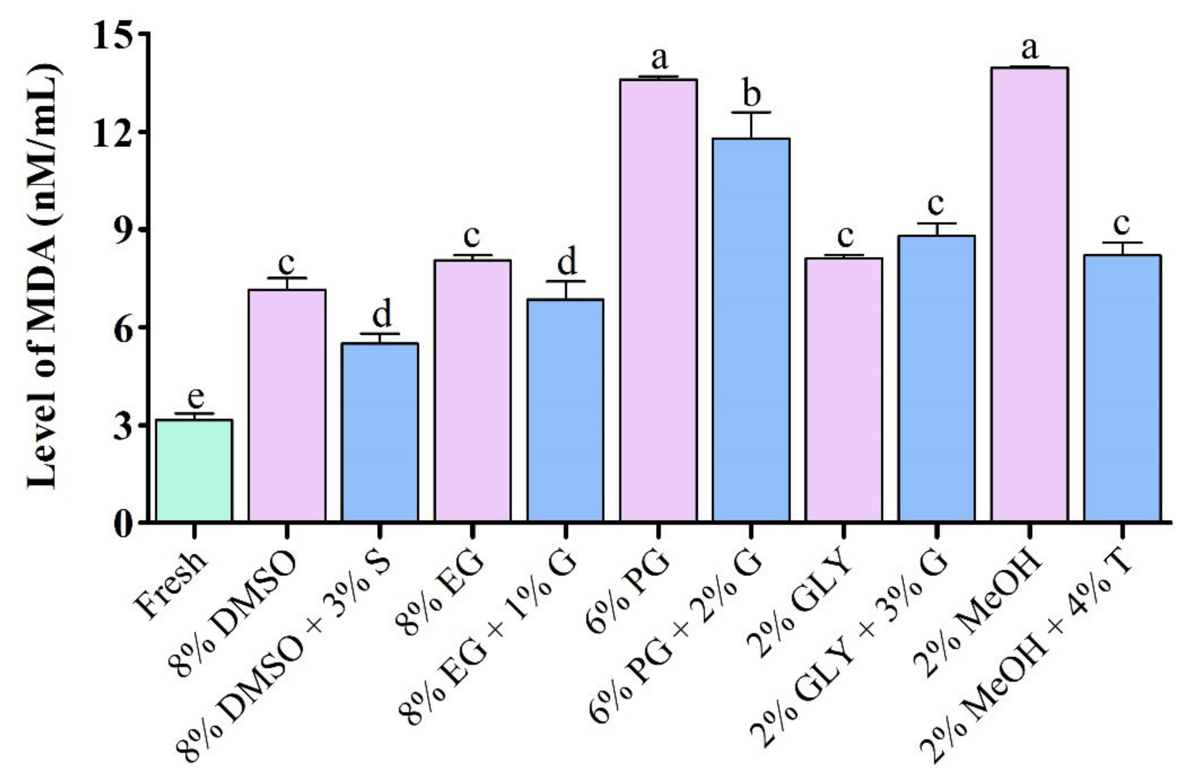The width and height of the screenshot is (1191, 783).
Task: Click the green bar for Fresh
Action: coord(194,471)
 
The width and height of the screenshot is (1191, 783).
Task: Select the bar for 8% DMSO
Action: coord(287,406)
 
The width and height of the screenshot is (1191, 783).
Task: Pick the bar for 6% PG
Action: coord(659,300)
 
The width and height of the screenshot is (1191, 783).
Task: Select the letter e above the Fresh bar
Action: coord(195,398)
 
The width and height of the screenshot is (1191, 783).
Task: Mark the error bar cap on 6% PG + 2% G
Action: coord(751,113)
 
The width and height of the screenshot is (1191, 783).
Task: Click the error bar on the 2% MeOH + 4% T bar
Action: coord(1122,248)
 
